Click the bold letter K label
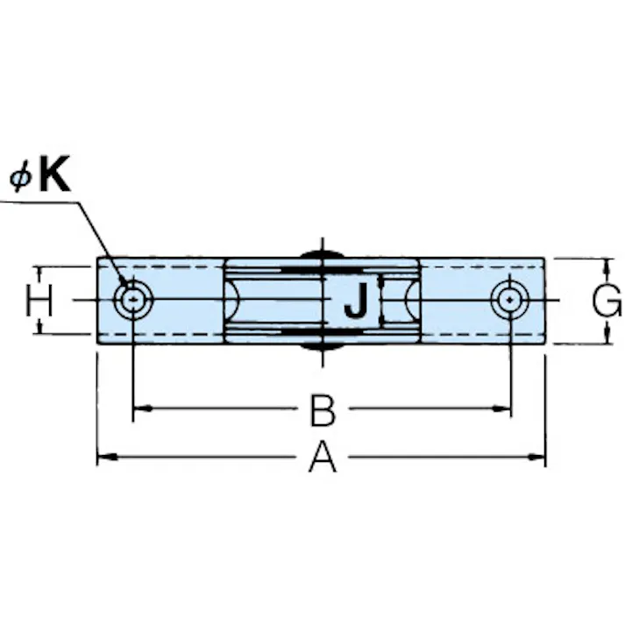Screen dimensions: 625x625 55,174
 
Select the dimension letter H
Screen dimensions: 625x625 39,300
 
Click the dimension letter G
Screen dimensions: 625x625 607,300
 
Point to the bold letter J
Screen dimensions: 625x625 356,300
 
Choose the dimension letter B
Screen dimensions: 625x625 323,409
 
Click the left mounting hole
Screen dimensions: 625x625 133,300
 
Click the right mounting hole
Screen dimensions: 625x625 510,300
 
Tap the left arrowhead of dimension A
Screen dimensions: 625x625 107,457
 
